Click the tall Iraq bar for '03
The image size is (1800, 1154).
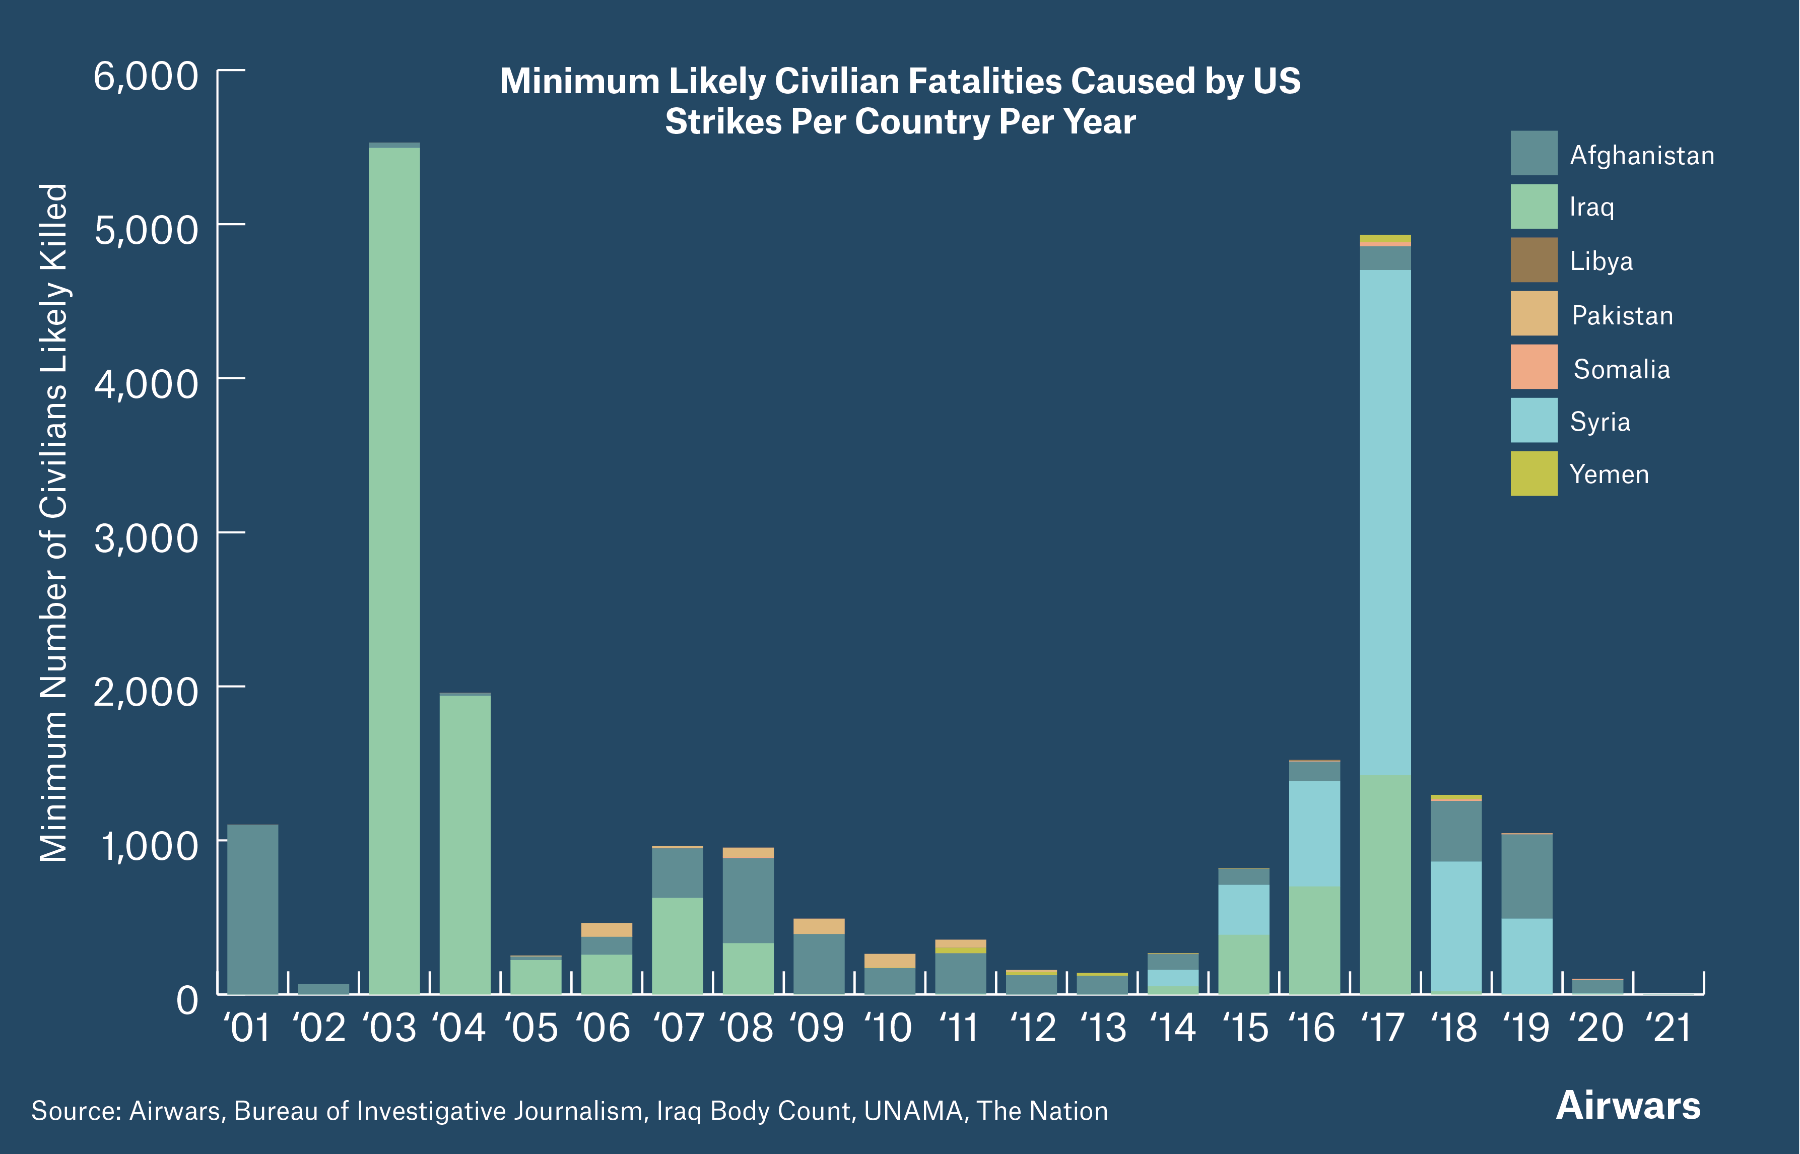pos(394,570)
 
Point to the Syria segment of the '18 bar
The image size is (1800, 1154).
pos(1455,925)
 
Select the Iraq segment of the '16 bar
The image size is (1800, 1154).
pos(1314,940)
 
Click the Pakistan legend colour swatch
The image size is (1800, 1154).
pos(1533,313)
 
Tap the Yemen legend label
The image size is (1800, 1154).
pos(1609,474)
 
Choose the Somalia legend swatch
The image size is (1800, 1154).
pos(1533,366)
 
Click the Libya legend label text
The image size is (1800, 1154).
pos(1601,261)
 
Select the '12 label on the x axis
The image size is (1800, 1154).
pos(1033,1028)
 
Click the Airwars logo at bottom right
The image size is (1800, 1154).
pos(1628,1106)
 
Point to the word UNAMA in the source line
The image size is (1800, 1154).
pos(913,1111)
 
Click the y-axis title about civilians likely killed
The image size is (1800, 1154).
pos(54,522)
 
